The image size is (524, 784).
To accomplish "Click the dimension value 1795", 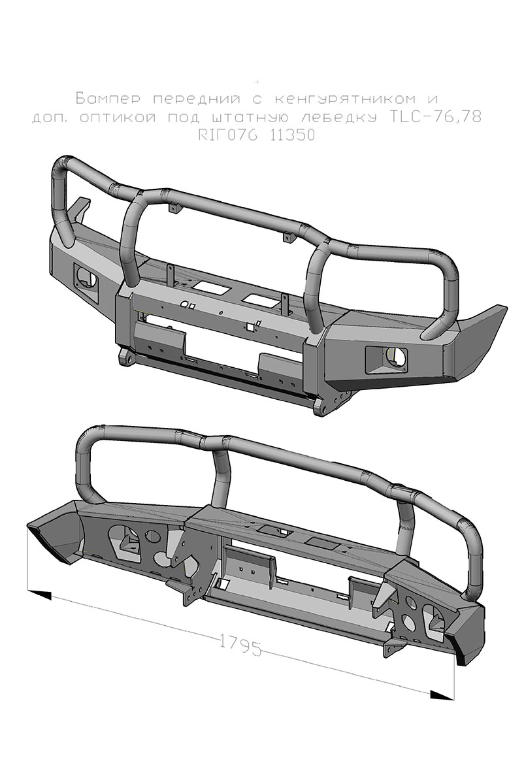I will (240, 644).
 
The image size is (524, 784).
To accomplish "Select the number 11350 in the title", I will (290, 136).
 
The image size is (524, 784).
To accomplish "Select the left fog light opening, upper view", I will (85, 277).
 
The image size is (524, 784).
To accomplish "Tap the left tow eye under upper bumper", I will (125, 358).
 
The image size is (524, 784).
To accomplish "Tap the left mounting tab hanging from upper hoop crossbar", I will (175, 208).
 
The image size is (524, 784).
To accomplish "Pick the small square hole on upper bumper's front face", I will (250, 326).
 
